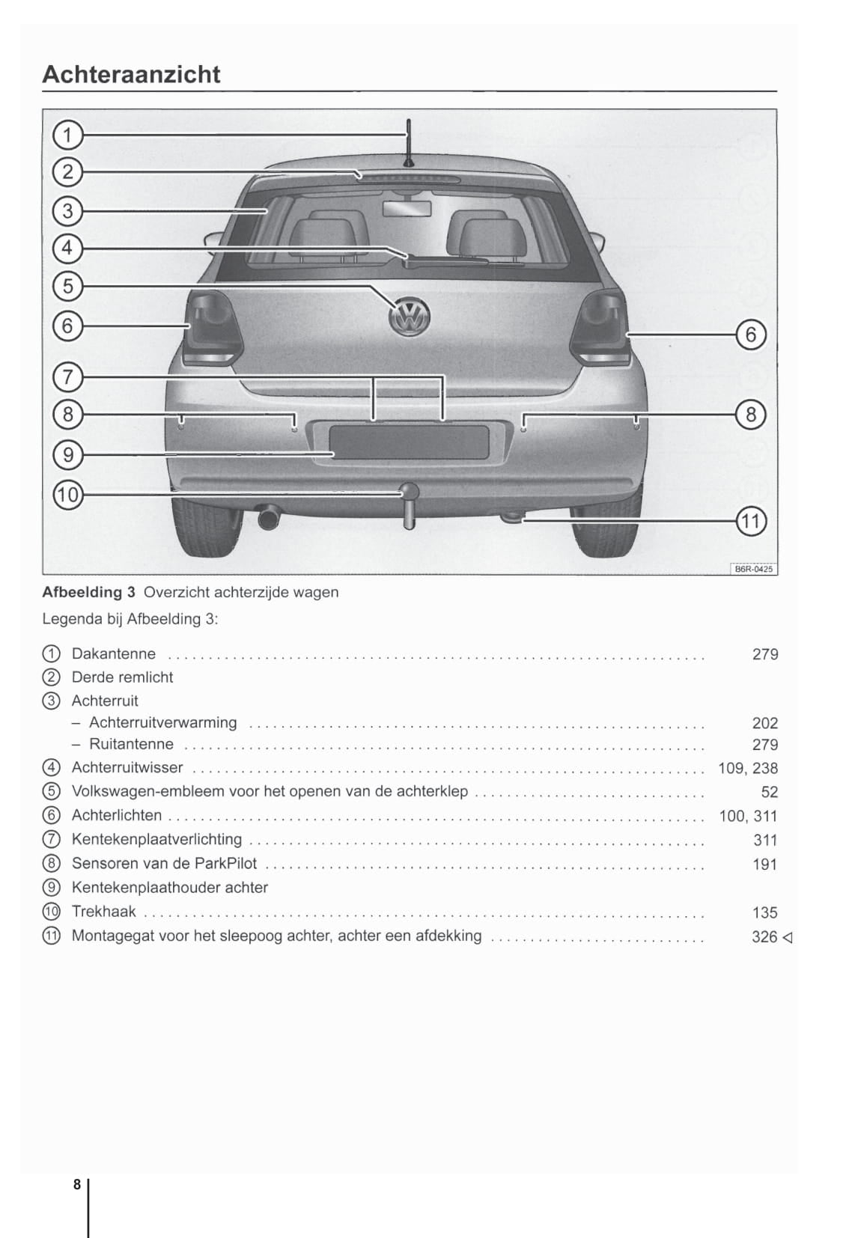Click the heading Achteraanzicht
[132, 74]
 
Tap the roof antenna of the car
[408, 142]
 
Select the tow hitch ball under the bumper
[410, 492]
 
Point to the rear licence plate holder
[409, 442]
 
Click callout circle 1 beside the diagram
[67, 135]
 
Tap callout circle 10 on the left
[67, 495]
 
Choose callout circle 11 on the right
[751, 521]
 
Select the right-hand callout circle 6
[751, 335]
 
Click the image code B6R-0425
[753, 569]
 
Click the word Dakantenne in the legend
[114, 654]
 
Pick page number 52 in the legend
[769, 792]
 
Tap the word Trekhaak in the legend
[104, 912]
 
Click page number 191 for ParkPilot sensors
[764, 865]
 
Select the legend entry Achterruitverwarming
[162, 723]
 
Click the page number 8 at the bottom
[76, 1185]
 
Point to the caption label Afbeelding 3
[88, 592]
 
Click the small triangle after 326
[787, 937]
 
